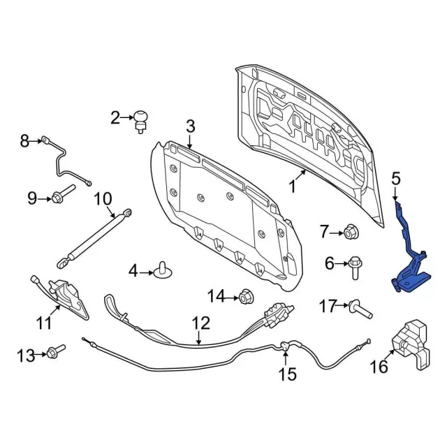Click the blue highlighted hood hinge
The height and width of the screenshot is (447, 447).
[411, 265]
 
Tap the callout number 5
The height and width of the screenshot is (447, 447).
[396, 179]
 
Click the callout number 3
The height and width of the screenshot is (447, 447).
[189, 126]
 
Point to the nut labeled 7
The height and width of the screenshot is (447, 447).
[351, 230]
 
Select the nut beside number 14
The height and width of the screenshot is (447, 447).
[246, 297]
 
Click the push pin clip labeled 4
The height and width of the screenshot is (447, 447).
[164, 269]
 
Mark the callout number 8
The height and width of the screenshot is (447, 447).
[24, 142]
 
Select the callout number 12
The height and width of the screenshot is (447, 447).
[200, 323]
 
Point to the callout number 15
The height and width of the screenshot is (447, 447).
[288, 374]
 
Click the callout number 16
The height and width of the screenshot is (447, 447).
[378, 366]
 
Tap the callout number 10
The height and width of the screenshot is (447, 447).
[103, 198]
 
